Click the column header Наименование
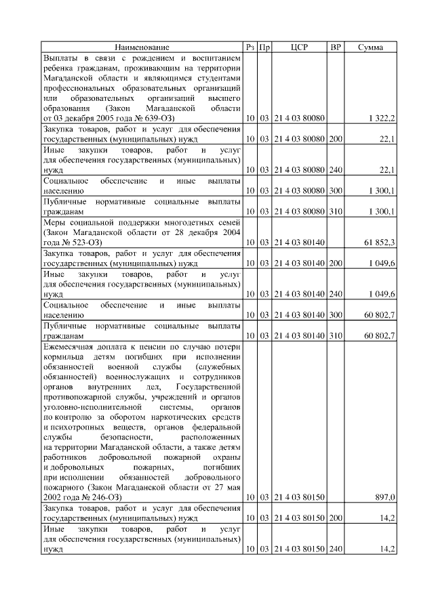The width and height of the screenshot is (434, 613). (x=142, y=47)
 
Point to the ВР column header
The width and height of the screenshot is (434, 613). (x=335, y=47)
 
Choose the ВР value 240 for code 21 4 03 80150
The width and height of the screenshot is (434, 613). (x=335, y=549)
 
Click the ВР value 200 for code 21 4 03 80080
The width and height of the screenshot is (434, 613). (x=335, y=139)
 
